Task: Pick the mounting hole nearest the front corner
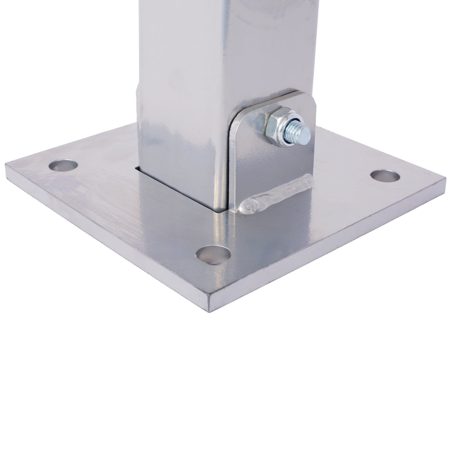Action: [214, 255]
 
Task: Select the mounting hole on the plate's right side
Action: [385, 175]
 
